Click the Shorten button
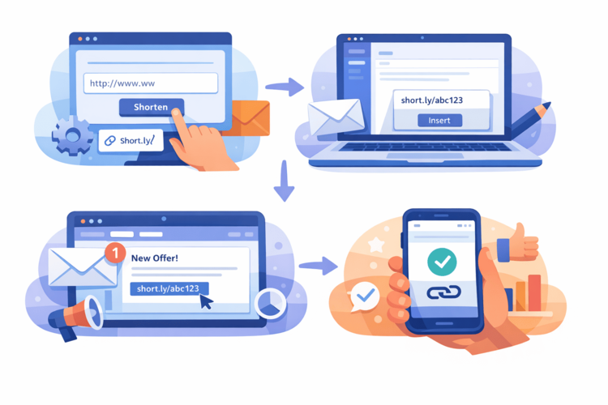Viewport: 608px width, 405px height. (x=151, y=107)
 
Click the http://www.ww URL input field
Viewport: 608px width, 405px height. (x=151, y=83)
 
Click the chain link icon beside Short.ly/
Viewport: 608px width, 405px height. (x=109, y=141)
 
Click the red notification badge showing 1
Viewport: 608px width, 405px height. (x=115, y=253)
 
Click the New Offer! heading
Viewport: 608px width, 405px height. (x=155, y=258)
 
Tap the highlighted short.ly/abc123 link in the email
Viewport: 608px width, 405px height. (x=169, y=288)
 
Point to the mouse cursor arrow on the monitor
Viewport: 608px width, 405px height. (x=206, y=301)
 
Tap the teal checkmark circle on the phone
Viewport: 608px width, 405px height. (x=443, y=260)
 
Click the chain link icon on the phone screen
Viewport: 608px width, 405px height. (x=443, y=292)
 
